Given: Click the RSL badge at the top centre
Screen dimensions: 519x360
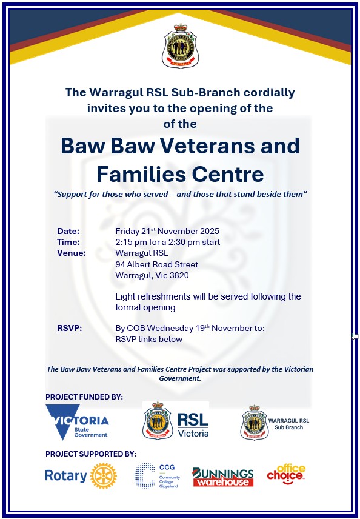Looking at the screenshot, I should [x=180, y=45].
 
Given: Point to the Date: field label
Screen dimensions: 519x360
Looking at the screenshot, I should [x=68, y=231].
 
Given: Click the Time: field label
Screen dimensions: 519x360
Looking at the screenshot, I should [x=68, y=242].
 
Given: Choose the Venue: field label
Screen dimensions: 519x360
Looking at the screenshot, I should [x=72, y=253].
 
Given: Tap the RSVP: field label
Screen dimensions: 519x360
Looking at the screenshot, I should [x=70, y=328].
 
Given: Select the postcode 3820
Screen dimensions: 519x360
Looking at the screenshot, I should [x=179, y=275].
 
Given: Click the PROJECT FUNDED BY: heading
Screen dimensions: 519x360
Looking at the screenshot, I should [x=84, y=397].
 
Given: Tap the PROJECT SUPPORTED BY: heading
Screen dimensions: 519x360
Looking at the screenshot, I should [x=91, y=454].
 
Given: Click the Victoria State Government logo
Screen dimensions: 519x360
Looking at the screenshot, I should [x=77, y=421].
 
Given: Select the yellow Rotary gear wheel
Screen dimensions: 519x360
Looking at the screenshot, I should [x=103, y=476].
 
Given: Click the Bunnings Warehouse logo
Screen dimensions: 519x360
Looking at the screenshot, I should [x=223, y=477].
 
